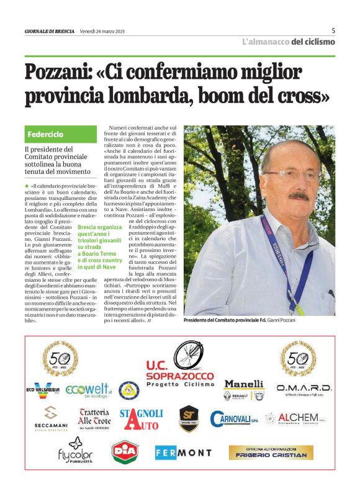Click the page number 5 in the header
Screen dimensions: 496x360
pos(333,30)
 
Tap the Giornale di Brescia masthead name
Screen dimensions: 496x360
pos(50,31)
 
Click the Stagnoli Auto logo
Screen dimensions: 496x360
pos(142,419)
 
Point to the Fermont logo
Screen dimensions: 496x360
pos(183,453)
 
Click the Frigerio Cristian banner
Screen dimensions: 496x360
pos(271,453)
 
